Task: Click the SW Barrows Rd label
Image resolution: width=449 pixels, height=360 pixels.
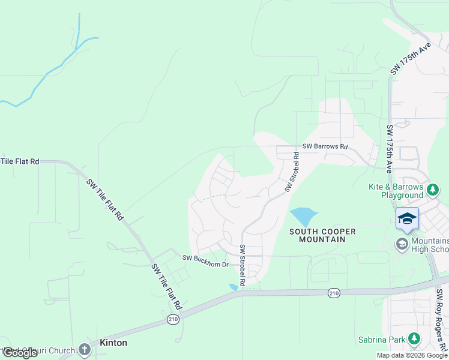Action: point(325,146)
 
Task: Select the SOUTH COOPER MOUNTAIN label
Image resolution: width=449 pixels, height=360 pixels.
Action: point(322,235)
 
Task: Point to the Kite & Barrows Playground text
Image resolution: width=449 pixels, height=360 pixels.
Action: point(397,191)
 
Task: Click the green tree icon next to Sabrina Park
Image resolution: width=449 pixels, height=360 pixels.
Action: point(414,338)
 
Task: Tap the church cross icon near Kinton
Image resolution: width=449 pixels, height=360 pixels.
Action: point(83,349)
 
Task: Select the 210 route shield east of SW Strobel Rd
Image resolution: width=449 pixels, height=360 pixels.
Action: point(334,293)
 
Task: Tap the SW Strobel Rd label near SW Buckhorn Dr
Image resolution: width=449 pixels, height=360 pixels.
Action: point(243,265)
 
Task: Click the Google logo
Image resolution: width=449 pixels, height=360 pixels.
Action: point(19,353)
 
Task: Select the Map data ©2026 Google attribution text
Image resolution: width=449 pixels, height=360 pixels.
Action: point(412,355)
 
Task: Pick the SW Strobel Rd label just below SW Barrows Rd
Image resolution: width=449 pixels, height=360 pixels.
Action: point(292,172)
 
